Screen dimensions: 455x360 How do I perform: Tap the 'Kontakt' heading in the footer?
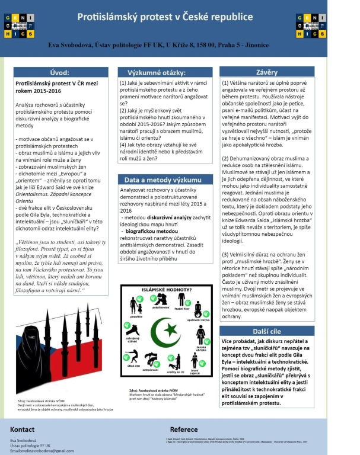point(23,429)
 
